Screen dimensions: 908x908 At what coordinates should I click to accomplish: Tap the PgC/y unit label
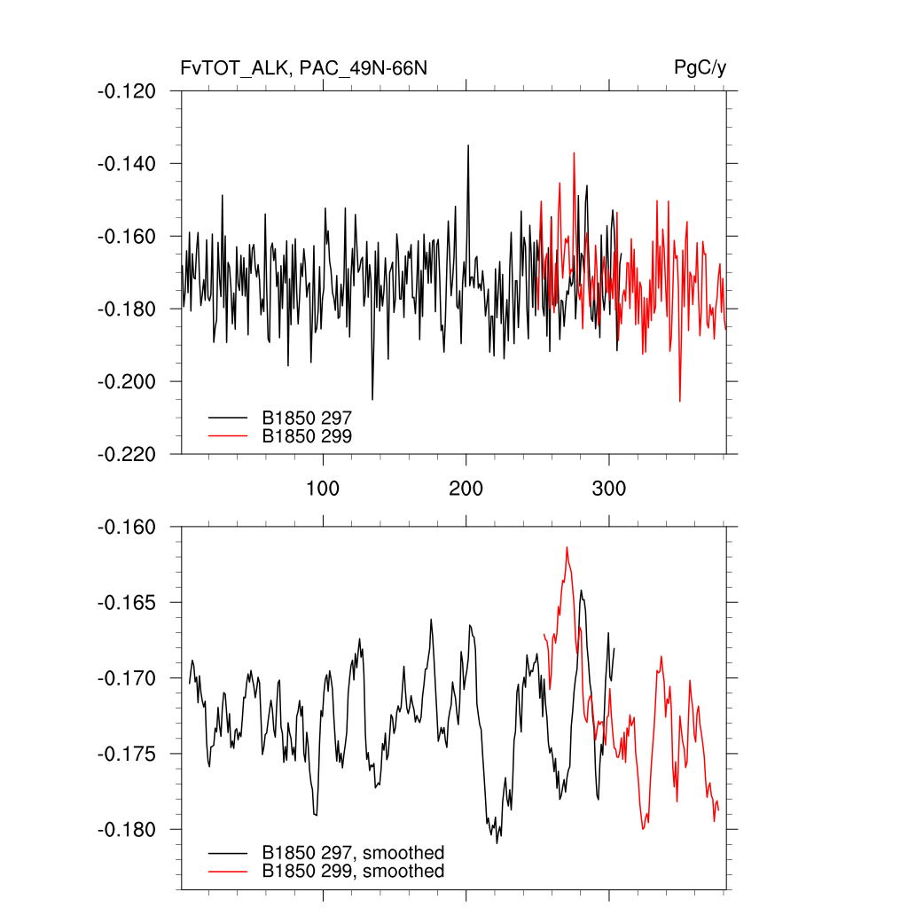[x=701, y=68]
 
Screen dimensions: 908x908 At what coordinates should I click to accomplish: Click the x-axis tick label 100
[x=323, y=489]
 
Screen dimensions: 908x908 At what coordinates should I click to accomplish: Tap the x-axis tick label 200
[x=466, y=489]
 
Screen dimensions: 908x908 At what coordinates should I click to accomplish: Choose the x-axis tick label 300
[x=609, y=489]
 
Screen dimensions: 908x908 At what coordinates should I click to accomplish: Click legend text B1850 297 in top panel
[x=307, y=416]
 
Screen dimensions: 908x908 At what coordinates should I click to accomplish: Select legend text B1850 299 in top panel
[x=307, y=435]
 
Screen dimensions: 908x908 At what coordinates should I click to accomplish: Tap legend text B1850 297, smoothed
[x=353, y=853]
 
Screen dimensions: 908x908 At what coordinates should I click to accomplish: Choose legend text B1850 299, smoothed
[x=353, y=872]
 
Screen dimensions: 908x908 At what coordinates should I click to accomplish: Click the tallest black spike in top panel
[x=468, y=145]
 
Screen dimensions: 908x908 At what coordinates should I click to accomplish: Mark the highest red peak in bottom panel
[x=567, y=548]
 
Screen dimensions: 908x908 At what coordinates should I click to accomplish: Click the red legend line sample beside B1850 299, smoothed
[x=228, y=872]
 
